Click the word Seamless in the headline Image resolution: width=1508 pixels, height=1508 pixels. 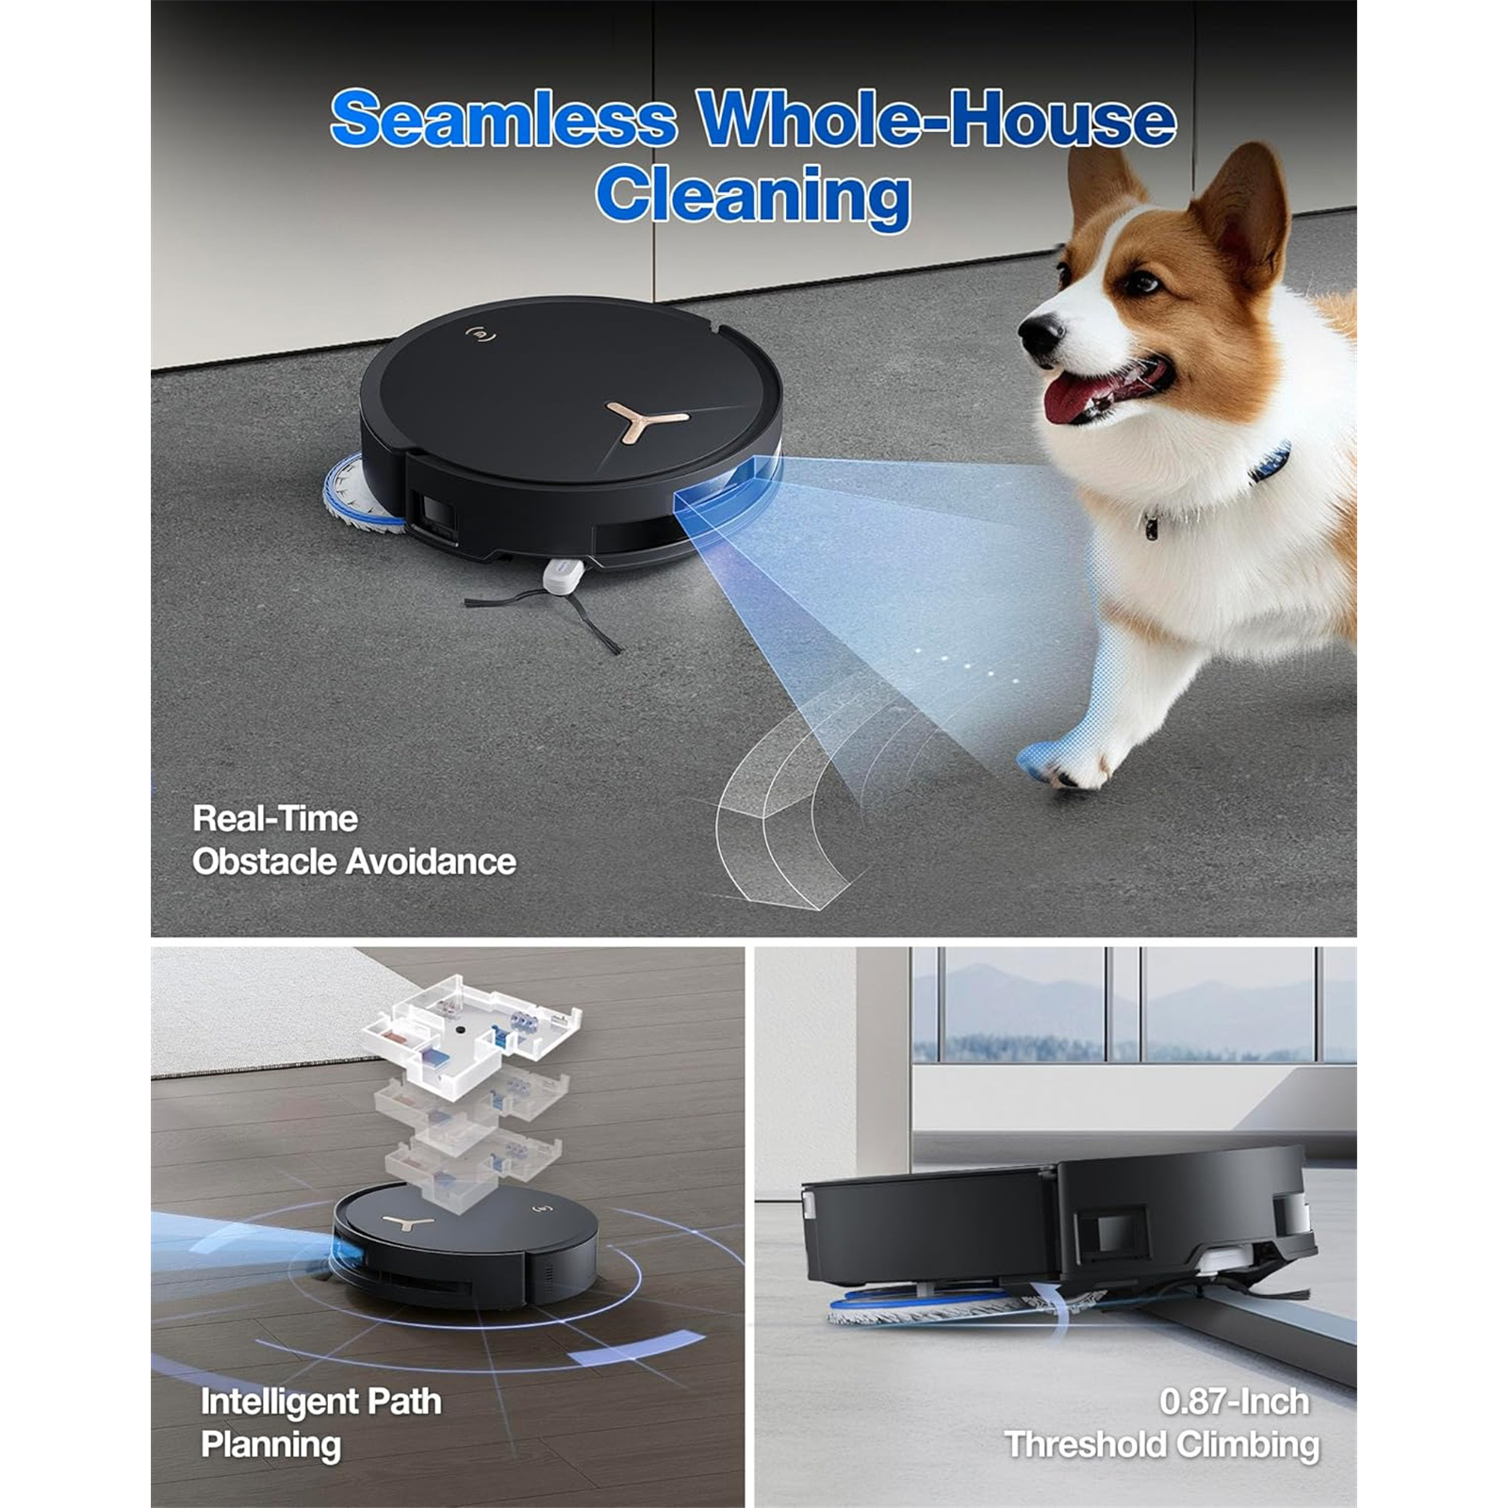tap(504, 119)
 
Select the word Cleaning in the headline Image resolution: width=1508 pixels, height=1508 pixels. tap(753, 196)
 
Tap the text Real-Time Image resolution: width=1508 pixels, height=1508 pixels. tap(275, 818)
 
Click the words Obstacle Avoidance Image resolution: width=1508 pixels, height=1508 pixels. tap(354, 861)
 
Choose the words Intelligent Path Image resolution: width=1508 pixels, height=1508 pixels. tap(320, 1401)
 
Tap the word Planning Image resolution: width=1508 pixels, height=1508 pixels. tap(271, 1446)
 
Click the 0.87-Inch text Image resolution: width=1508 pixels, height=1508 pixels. tap(1235, 1401)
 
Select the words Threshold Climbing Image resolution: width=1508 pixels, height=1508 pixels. tap(1162, 1445)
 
